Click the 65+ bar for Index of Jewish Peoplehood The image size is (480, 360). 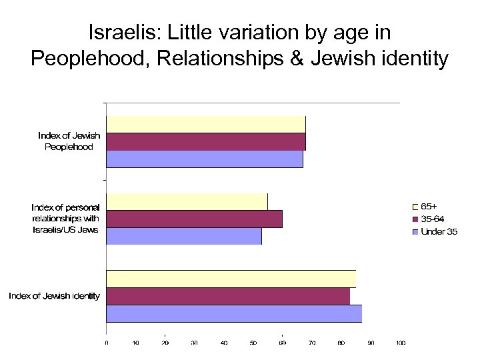[x=205, y=125]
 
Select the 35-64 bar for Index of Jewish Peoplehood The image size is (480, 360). [x=205, y=142]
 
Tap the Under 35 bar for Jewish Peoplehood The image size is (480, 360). [x=204, y=159]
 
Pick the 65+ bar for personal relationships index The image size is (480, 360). [x=187, y=201]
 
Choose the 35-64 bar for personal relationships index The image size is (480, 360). [x=194, y=219]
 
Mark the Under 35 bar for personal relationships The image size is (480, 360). [x=184, y=236]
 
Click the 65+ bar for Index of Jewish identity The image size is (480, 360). [x=231, y=279]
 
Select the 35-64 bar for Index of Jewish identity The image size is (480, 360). [x=228, y=296]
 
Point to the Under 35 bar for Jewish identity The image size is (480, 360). [x=234, y=313]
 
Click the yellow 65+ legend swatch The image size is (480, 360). [x=415, y=207]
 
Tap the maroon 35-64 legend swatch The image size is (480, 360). [x=415, y=219]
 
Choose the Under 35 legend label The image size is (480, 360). [x=439, y=231]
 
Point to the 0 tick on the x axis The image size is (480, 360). [x=107, y=343]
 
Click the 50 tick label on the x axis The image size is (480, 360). [x=253, y=343]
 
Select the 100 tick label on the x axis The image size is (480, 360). [x=400, y=343]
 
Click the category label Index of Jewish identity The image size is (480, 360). [x=55, y=296]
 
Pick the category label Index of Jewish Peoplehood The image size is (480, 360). [x=69, y=141]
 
